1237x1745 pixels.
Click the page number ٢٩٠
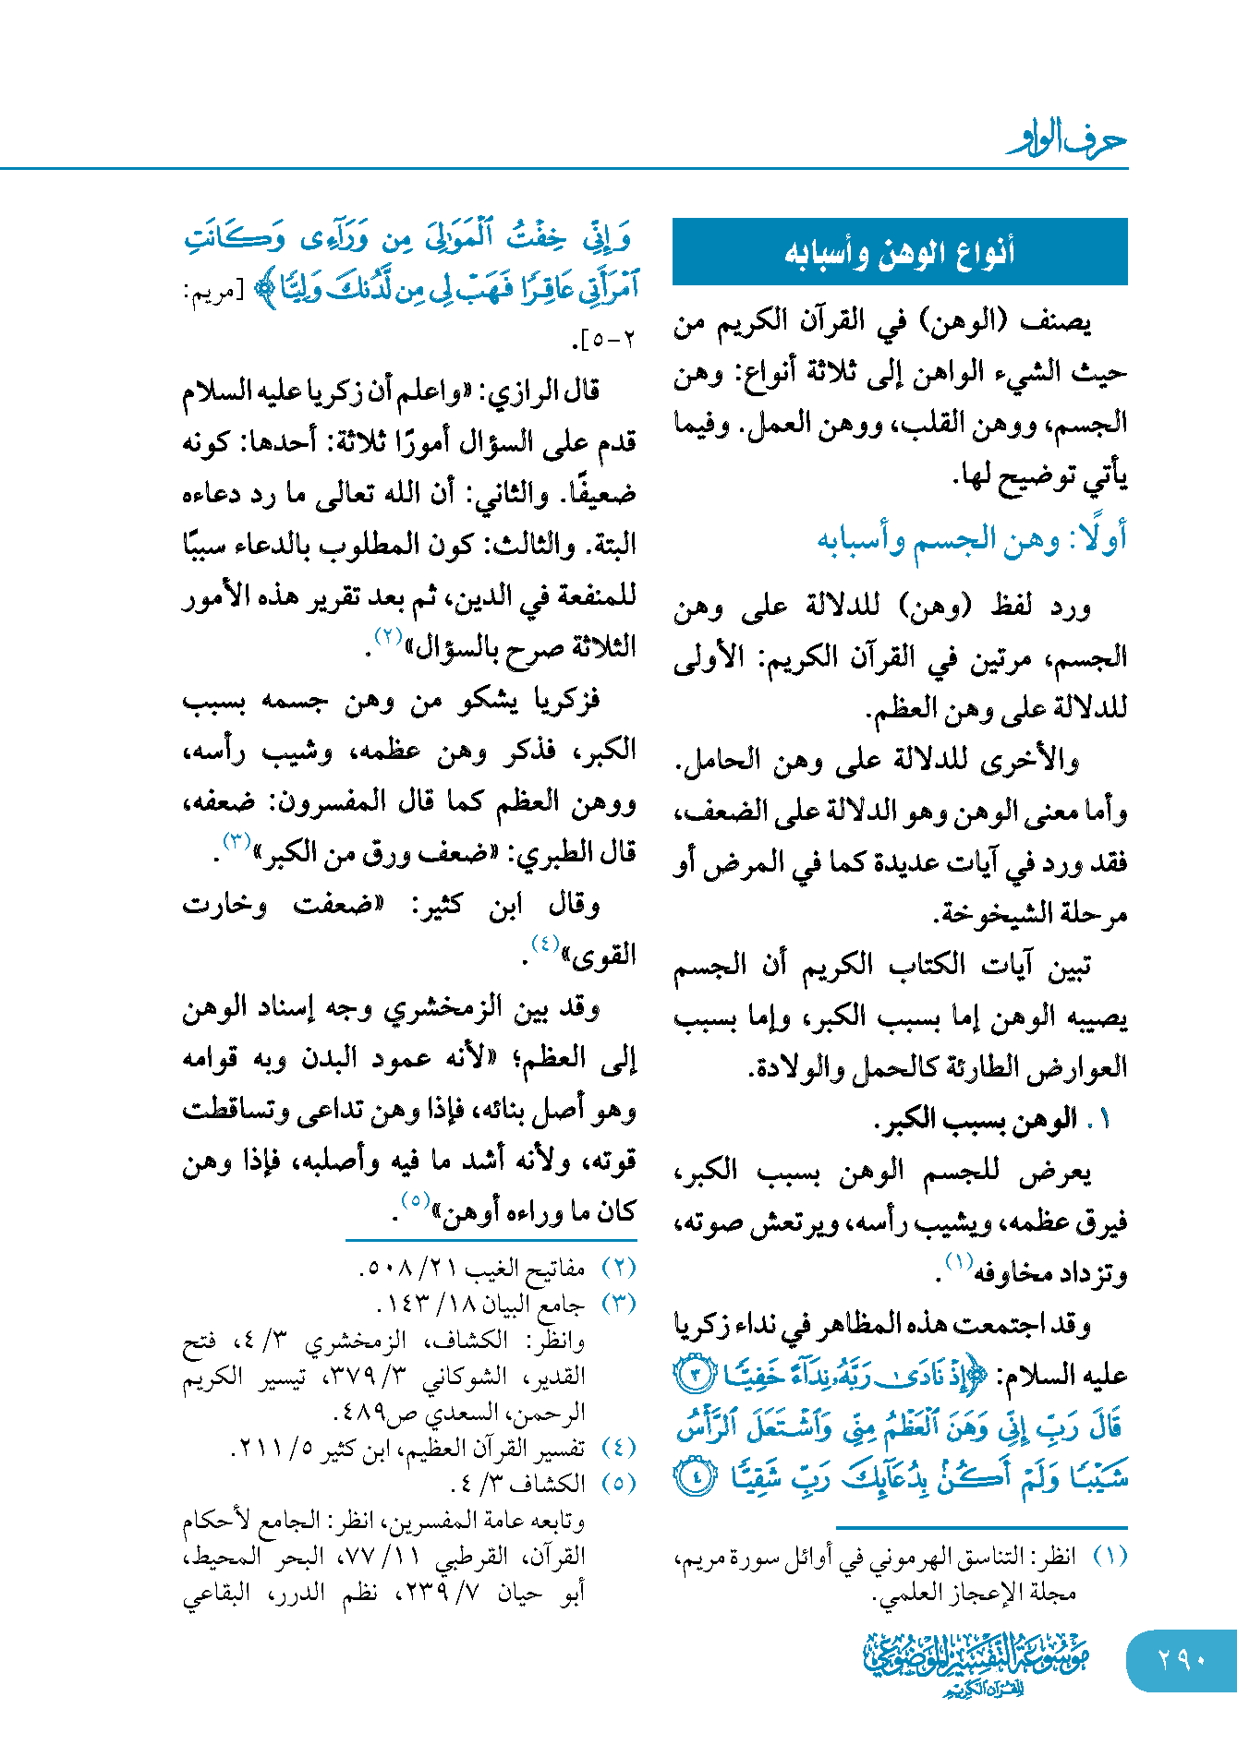[1182, 1659]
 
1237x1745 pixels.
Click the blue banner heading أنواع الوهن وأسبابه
[900, 251]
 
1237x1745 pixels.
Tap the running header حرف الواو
[1067, 139]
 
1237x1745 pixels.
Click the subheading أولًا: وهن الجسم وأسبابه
[972, 539]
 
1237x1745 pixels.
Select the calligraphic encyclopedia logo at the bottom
[976, 1663]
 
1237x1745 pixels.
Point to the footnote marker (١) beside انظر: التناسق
[1110, 1557]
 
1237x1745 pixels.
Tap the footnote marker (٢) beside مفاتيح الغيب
[618, 1269]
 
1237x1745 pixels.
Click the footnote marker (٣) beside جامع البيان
[618, 1305]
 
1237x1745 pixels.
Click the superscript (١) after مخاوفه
[960, 1261]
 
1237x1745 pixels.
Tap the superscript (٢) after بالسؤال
[387, 635]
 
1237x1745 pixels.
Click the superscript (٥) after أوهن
[415, 1200]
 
